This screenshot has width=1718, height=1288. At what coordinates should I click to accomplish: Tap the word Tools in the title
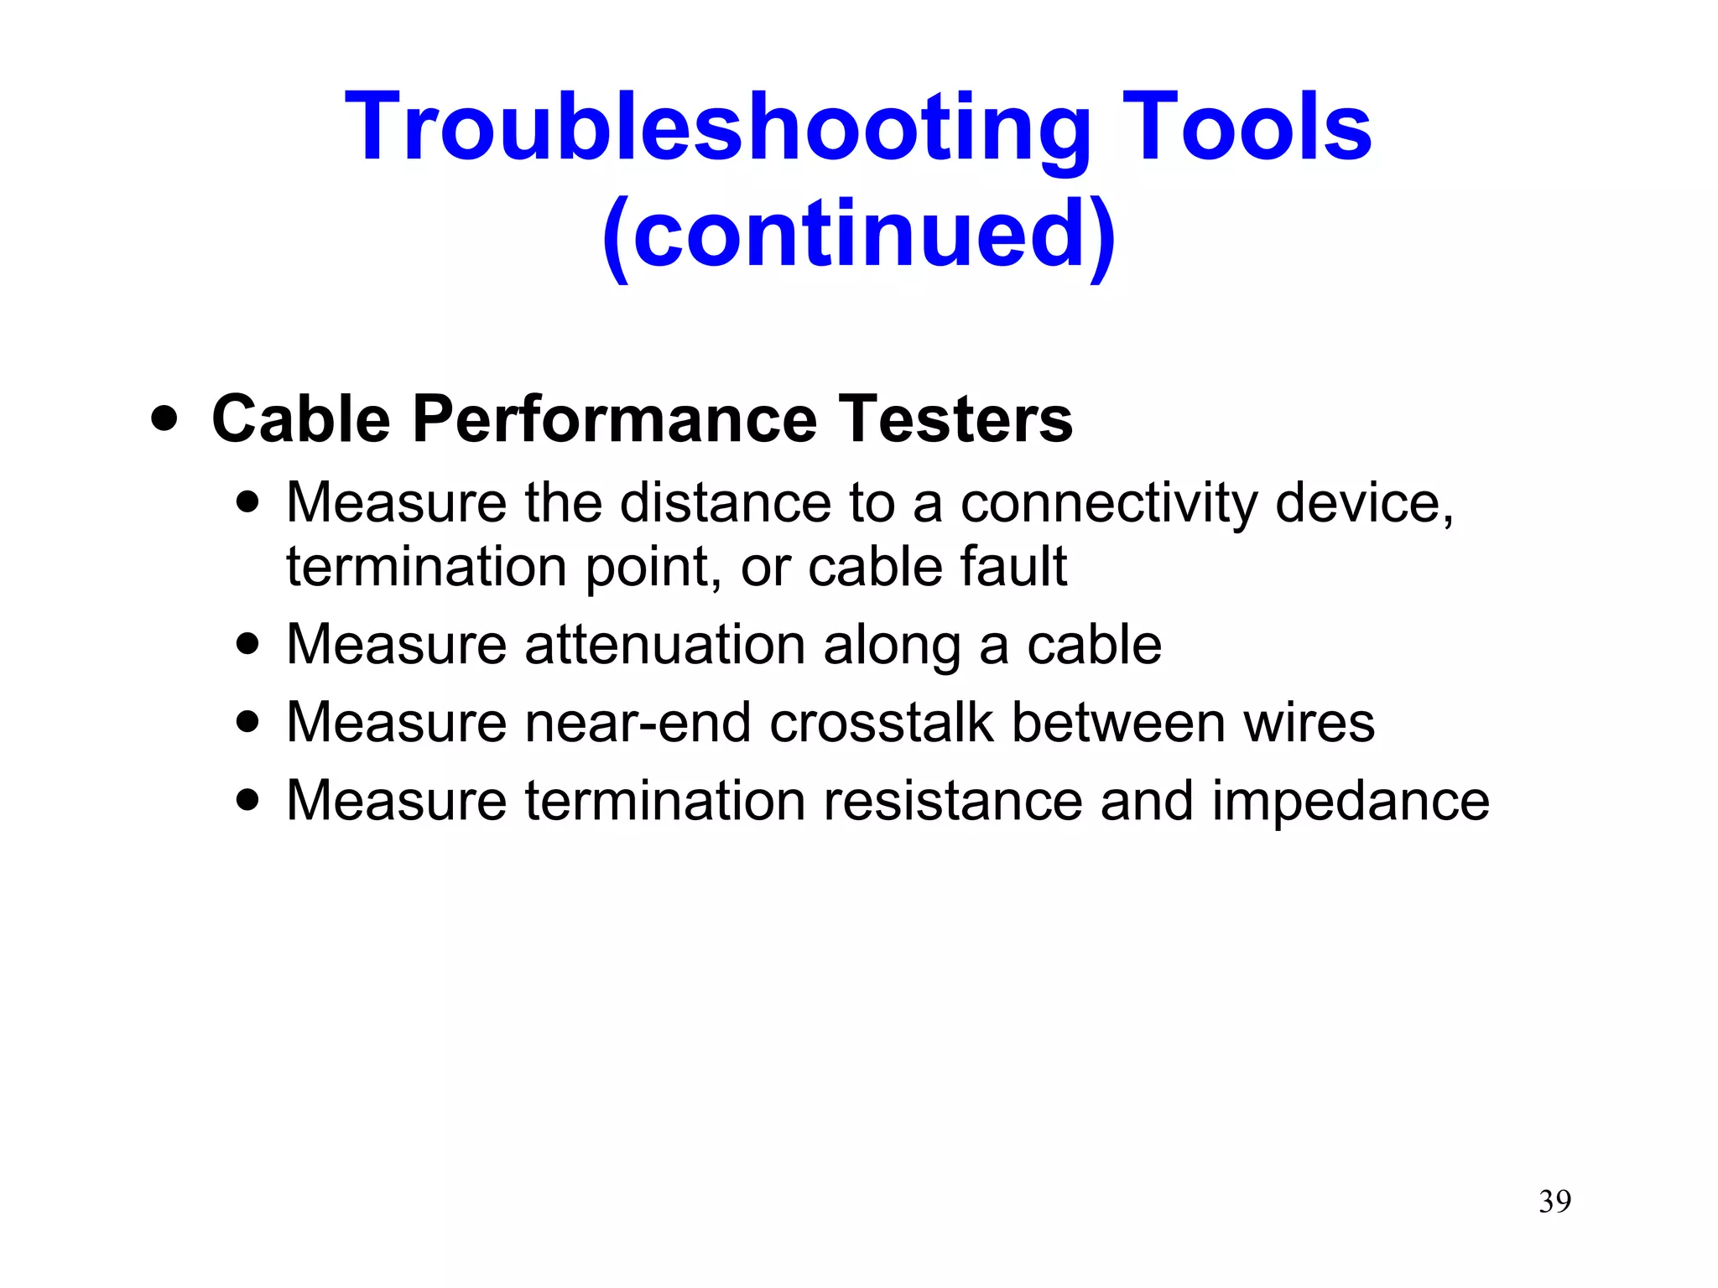(x=1247, y=127)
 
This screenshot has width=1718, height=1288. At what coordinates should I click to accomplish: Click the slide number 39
(x=1554, y=1202)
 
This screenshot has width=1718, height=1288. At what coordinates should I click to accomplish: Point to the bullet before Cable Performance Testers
(x=164, y=418)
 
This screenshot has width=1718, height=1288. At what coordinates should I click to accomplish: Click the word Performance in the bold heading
(x=614, y=418)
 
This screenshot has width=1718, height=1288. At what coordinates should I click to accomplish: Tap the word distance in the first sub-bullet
(x=725, y=503)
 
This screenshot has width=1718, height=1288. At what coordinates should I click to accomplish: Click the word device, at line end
(x=1364, y=503)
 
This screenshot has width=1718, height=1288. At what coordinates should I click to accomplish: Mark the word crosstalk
(x=881, y=723)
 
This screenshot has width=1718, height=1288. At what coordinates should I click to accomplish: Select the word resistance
(x=952, y=801)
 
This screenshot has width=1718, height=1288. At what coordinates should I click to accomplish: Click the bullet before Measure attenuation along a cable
(x=247, y=645)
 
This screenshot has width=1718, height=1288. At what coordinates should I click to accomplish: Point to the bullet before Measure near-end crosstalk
(x=247, y=723)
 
